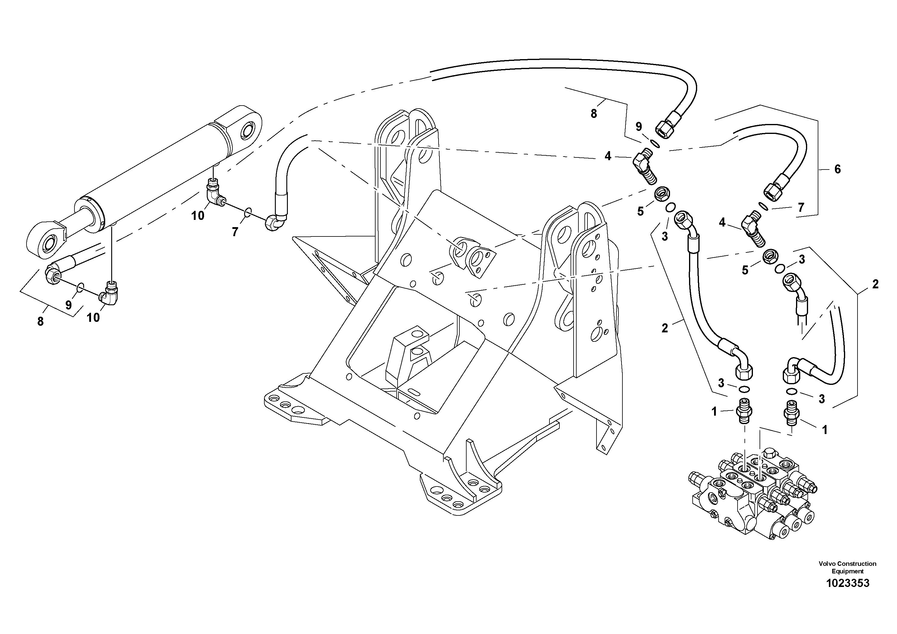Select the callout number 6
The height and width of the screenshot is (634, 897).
click(837, 169)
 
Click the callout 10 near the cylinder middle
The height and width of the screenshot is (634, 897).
click(198, 215)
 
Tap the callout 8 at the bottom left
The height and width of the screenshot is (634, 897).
click(40, 322)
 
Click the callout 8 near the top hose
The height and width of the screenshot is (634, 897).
click(593, 114)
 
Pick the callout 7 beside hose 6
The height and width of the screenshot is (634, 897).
click(801, 208)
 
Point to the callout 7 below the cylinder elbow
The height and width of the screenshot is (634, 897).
click(234, 232)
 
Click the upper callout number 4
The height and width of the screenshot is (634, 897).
click(608, 156)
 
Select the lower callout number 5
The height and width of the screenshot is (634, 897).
click(745, 270)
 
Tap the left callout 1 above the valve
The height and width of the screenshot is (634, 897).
click(714, 412)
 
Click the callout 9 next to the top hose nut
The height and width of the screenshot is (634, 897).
click(638, 127)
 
